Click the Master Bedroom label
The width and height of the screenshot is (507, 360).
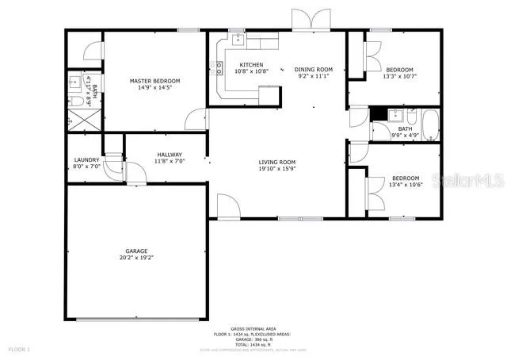(155, 81)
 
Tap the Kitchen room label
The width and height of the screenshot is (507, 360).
(251, 65)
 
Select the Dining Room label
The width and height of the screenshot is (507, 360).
(314, 69)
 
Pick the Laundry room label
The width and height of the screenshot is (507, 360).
(86, 159)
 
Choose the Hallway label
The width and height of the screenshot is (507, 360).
(170, 155)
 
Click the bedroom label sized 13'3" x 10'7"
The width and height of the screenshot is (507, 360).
(398, 70)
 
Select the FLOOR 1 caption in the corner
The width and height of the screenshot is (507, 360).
(19, 349)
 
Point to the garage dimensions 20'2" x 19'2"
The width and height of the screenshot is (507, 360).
(136, 258)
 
